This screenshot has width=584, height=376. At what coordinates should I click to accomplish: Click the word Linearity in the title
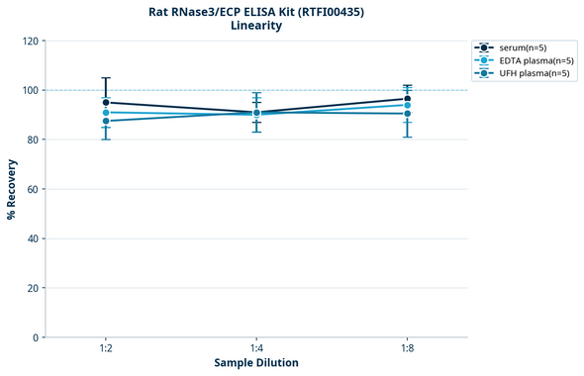pyautogui.click(x=255, y=26)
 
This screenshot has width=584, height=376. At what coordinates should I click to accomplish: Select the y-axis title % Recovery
pyautogui.click(x=12, y=188)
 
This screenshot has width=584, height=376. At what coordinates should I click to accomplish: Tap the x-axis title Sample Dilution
pyautogui.click(x=256, y=363)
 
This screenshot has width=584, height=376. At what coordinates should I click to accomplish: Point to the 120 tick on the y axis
pyautogui.click(x=31, y=41)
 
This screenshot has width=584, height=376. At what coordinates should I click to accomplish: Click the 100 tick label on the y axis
pyautogui.click(x=31, y=90)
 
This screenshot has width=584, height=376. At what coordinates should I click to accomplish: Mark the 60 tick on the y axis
pyautogui.click(x=34, y=189)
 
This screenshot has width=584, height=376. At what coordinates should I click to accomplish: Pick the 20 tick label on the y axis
pyautogui.click(x=34, y=288)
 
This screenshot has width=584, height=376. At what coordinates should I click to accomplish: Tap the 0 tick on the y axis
pyautogui.click(x=37, y=337)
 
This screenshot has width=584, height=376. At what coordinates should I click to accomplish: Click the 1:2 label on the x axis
pyautogui.click(x=106, y=349)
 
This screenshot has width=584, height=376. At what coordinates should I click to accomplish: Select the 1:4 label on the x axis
pyautogui.click(x=256, y=349)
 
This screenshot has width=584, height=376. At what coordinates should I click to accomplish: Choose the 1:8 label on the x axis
pyautogui.click(x=407, y=349)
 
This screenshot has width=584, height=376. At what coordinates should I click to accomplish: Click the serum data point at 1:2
pyautogui.click(x=106, y=102)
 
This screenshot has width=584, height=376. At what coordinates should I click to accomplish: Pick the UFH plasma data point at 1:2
pyautogui.click(x=106, y=121)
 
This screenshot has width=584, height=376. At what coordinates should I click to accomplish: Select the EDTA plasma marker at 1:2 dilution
pyautogui.click(x=106, y=113)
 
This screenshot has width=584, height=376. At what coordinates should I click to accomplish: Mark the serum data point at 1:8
pyautogui.click(x=407, y=99)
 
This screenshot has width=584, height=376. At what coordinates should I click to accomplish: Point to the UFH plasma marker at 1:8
pyautogui.click(x=407, y=114)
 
